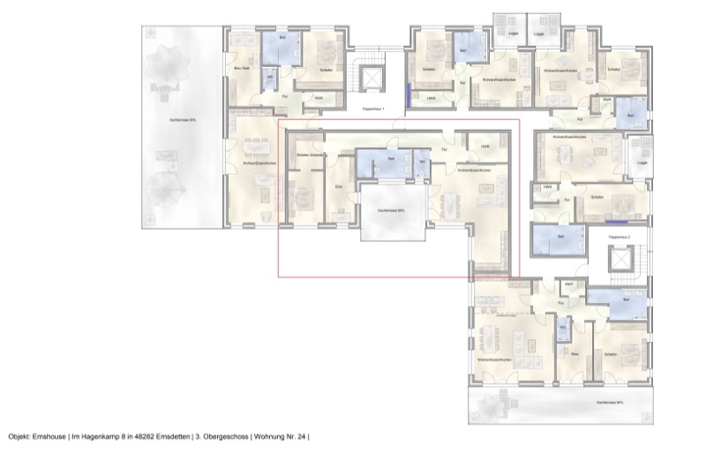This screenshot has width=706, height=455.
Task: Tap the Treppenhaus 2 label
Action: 621,238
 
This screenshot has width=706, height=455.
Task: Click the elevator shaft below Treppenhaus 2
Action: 620,262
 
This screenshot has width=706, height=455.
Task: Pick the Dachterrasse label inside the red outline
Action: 391,211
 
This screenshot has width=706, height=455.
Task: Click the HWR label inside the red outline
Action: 484,146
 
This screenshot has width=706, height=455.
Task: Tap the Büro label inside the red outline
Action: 338,186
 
